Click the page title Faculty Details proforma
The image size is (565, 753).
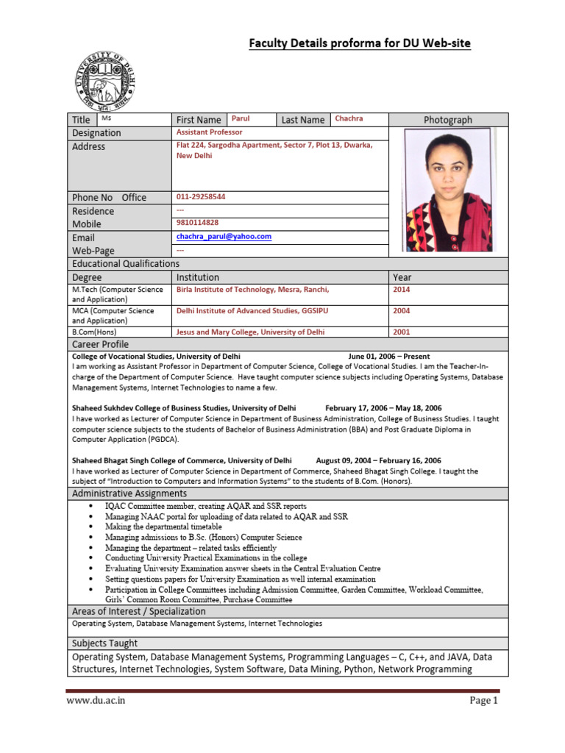coord(360,44)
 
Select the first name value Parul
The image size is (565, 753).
coord(241,118)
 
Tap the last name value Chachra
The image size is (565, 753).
coord(349,118)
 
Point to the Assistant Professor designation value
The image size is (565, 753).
coord(209,132)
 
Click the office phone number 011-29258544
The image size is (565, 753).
coord(201,196)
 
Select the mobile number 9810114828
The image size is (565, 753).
coord(197,222)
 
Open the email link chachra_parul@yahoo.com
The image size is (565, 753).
coord(224,236)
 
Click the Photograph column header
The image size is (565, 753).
coord(447,120)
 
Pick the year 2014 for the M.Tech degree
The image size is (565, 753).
coord(402,290)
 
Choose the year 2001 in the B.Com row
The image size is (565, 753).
coord(402,332)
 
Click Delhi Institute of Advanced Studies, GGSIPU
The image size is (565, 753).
coord(252,311)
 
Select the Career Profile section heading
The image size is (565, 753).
coord(100,344)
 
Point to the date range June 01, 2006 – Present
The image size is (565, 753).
coord(388,356)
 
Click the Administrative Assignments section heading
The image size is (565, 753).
coord(129,493)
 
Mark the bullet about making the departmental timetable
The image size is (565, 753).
coord(163,527)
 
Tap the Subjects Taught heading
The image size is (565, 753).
coord(104,643)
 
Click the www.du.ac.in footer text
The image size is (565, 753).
coord(95,701)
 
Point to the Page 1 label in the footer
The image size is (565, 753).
coord(484,701)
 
